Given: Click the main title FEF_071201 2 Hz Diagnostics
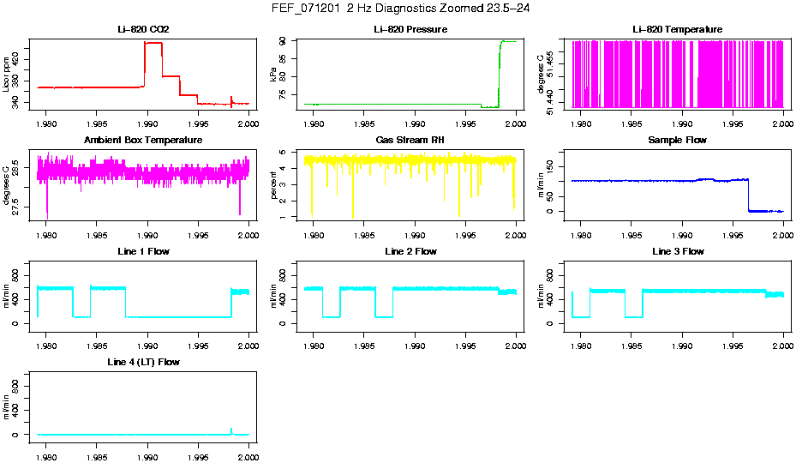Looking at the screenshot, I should tap(400, 9).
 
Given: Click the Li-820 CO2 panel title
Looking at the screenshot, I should tap(143, 29).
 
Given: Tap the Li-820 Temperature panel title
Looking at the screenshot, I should tap(677, 29).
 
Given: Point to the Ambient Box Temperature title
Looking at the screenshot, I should tap(143, 140).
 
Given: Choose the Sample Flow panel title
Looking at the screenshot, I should tap(677, 140).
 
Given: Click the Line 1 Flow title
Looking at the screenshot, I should tap(143, 251).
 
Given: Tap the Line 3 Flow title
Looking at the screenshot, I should tap(677, 251).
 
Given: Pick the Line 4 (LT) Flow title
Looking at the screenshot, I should tap(143, 363).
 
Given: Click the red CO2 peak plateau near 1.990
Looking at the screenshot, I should tap(153, 43).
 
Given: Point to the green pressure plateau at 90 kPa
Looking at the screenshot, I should tap(508, 41).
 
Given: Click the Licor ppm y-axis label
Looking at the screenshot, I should tap(7, 74).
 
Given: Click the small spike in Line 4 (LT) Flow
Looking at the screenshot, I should tap(231, 430).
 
